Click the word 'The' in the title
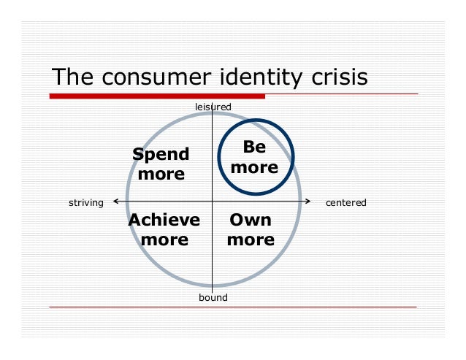(x=72, y=77)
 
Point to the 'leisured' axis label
(x=213, y=107)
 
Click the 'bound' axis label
(x=213, y=298)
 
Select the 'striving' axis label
(x=85, y=202)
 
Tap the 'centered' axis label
(x=345, y=202)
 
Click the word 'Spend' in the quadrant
(x=161, y=154)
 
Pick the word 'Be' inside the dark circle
(x=254, y=147)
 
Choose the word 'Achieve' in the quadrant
(x=164, y=221)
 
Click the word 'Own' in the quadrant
(x=251, y=221)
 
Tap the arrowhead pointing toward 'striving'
(x=117, y=201)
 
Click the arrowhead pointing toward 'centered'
(x=310, y=201)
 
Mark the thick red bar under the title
(x=157, y=96)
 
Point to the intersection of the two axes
(x=212, y=201)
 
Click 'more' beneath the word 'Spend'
(x=161, y=175)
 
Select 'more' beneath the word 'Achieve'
(x=164, y=240)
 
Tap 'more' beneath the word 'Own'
(x=251, y=240)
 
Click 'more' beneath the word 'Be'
(x=254, y=167)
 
